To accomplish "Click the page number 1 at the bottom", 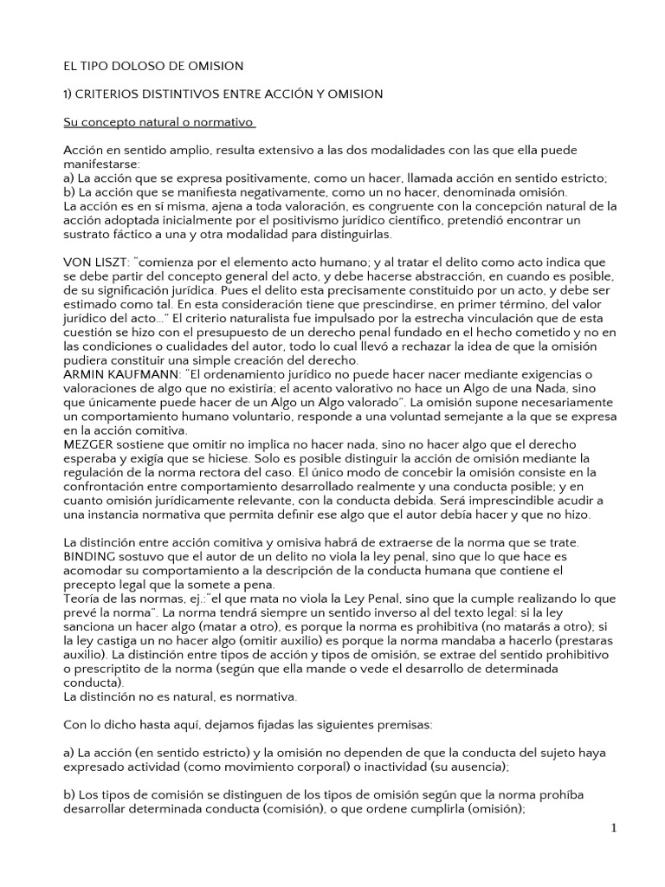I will [x=614, y=828].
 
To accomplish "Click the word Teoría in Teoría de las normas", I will [x=84, y=599].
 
